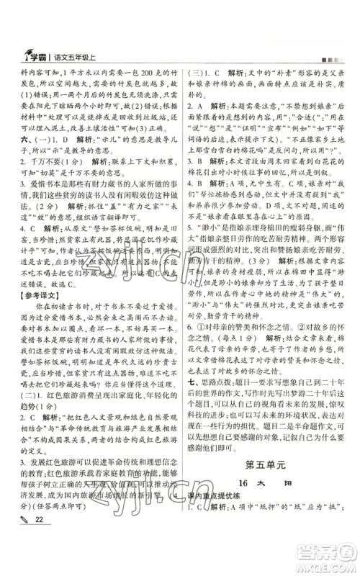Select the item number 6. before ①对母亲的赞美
192,354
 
